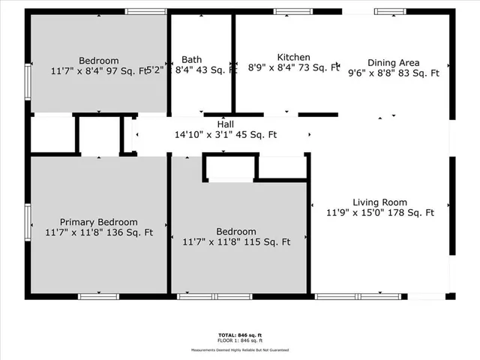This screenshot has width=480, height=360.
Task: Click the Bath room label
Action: (x=191, y=59)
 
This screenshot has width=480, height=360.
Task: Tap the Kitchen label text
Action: (x=293, y=57)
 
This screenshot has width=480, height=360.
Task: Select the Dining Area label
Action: (x=393, y=62)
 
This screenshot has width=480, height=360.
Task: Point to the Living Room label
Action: (x=379, y=202)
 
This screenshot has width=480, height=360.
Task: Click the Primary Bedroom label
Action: (x=98, y=222)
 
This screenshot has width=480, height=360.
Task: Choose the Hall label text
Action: (x=225, y=124)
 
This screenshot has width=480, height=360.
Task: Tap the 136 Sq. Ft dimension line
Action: (x=98, y=232)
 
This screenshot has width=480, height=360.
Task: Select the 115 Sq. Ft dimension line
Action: (x=235, y=242)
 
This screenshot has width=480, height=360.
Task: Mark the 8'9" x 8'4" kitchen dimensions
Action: (x=293, y=67)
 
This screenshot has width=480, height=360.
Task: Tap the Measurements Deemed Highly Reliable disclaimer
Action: (x=239, y=349)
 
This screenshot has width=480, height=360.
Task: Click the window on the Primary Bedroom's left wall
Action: (x=28, y=221)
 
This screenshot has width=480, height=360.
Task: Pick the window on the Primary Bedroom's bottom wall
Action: (x=98, y=297)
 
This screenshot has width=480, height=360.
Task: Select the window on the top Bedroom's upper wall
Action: (x=146, y=11)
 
